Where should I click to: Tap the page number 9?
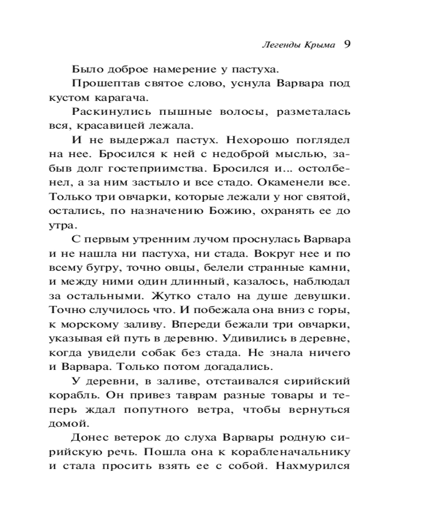coord(347,44)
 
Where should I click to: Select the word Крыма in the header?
coord(319,45)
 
